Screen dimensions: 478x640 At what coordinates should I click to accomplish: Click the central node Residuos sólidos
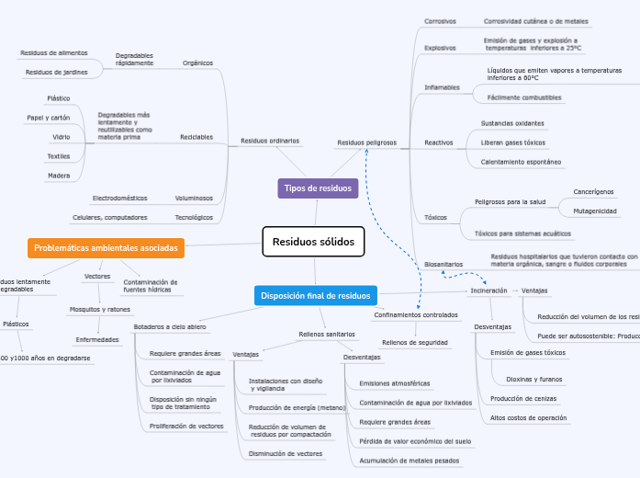tap(313, 242)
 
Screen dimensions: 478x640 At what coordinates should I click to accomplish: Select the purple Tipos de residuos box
tap(318, 188)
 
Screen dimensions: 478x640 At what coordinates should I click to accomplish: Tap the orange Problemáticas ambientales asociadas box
tap(107, 248)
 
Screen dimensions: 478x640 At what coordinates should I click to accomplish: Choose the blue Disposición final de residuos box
tap(315, 295)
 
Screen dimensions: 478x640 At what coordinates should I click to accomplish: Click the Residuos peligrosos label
tap(366, 142)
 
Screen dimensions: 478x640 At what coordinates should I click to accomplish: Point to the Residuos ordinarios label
tap(269, 141)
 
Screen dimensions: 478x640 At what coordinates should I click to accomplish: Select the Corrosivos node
tap(440, 20)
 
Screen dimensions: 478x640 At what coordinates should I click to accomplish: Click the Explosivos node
tap(440, 47)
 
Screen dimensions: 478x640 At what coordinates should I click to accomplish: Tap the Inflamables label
tap(442, 87)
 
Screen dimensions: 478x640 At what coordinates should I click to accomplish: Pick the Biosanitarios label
tap(444, 264)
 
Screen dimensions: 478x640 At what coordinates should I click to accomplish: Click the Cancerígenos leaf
tap(593, 192)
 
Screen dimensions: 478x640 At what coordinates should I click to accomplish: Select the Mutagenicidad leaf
tap(594, 211)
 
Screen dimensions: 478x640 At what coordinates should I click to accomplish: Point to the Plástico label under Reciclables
tap(59, 97)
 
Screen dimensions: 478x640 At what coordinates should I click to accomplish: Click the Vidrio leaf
tap(62, 136)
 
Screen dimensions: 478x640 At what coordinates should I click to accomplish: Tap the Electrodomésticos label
tap(119, 198)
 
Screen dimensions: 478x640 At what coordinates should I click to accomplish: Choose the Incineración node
tap(488, 290)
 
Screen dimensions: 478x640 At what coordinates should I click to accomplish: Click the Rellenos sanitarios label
tap(327, 334)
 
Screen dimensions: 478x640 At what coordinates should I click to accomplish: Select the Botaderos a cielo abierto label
tap(170, 327)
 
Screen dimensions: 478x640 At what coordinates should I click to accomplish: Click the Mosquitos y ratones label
tap(100, 310)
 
